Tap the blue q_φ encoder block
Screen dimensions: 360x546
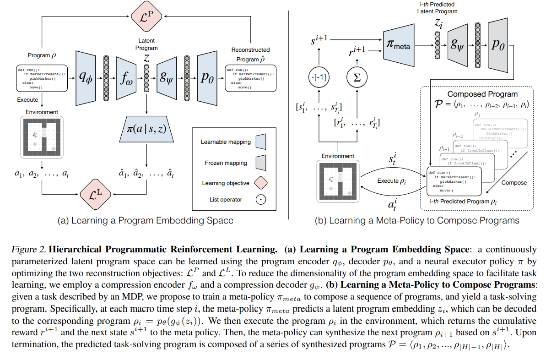click(x=85, y=78)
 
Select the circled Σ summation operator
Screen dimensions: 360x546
click(x=357, y=78)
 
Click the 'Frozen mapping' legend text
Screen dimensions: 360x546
click(x=226, y=163)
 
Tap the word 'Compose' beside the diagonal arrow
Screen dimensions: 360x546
click(x=514, y=182)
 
